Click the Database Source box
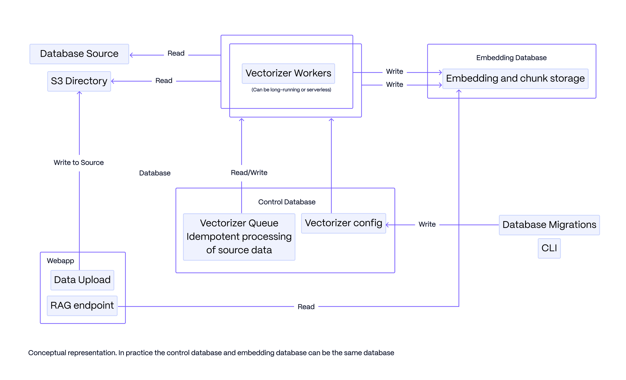[79, 54]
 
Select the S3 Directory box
[79, 81]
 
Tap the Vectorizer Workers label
[288, 73]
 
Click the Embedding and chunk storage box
[515, 78]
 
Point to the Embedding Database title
[511, 58]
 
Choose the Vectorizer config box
[343, 223]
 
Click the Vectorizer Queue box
[239, 237]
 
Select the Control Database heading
[287, 202]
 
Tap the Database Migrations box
[549, 225]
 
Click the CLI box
[549, 248]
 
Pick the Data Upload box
[82, 280]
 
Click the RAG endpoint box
[82, 306]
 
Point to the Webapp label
[60, 261]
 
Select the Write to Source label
[79, 163]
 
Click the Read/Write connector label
[249, 173]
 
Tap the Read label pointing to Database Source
[176, 54]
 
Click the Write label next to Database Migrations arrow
[427, 224]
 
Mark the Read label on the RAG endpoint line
[306, 307]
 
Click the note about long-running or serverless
[291, 90]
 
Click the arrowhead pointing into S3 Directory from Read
[113, 81]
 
